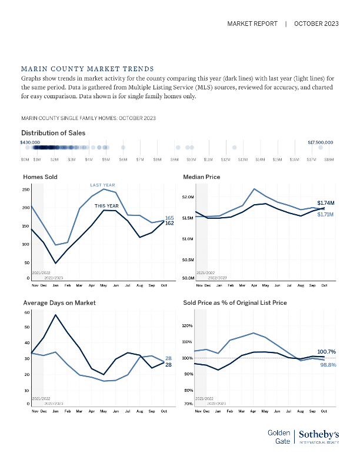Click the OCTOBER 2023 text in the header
[x=316, y=24]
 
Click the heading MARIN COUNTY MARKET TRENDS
[x=87, y=69]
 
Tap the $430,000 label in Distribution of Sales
[x=30, y=142]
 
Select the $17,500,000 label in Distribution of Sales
[x=321, y=142]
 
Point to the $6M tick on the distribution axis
[x=123, y=159]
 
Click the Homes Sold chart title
[x=40, y=177]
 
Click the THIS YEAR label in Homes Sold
[x=106, y=206]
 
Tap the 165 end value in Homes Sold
[x=169, y=218]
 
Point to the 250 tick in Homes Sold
[x=25, y=189]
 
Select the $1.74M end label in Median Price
[x=326, y=202]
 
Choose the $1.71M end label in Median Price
[x=326, y=214]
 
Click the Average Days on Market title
[x=59, y=302]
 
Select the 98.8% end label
[x=327, y=365]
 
